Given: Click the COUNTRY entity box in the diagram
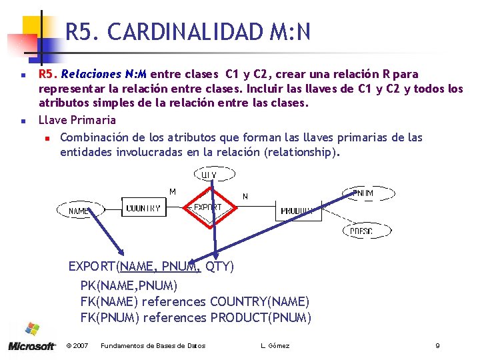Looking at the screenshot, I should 143,207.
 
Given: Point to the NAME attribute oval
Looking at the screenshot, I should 79,211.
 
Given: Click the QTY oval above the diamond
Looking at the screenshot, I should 209,175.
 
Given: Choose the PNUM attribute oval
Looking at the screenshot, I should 363,193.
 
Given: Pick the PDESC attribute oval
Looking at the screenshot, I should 361,231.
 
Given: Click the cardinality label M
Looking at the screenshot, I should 173,191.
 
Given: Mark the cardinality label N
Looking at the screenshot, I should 245,196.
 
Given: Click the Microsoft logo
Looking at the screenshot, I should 32,338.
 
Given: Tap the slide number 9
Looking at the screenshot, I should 437,345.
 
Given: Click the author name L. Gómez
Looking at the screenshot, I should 275,345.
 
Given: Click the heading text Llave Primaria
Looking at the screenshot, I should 77,120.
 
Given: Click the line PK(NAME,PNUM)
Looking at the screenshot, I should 129,285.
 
